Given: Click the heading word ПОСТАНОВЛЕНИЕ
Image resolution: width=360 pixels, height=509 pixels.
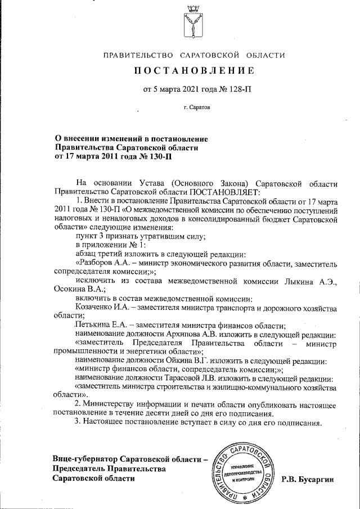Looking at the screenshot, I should click(194, 71).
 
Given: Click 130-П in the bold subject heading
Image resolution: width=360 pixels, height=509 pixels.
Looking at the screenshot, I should click(159, 156).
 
